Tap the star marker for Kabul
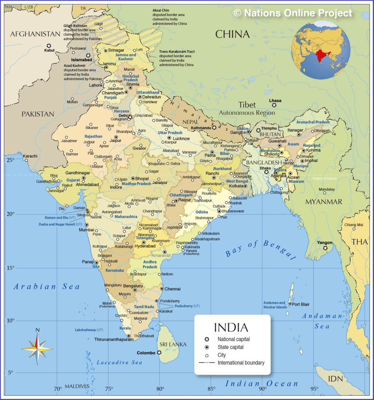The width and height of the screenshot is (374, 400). pyautogui.click(x=49, y=45)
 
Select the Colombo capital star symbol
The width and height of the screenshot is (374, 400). pyautogui.click(x=159, y=353)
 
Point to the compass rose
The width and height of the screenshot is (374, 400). pyautogui.click(x=37, y=347)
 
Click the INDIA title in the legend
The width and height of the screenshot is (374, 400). pyautogui.click(x=231, y=327)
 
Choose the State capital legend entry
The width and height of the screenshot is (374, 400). pyautogui.click(x=230, y=347)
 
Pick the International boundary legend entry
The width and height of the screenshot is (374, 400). pyautogui.click(x=240, y=362)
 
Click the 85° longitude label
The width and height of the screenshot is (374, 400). pyautogui.click(x=211, y=388)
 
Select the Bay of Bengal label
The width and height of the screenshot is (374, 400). pyautogui.click(x=260, y=250)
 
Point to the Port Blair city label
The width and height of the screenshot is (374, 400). pyautogui.click(x=301, y=304)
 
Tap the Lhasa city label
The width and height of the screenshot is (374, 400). pyautogui.click(x=275, y=100)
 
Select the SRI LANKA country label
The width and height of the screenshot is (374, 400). pyautogui.click(x=172, y=344)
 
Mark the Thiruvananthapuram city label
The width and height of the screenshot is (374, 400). pyautogui.click(x=114, y=339)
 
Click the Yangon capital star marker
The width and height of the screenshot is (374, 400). pyautogui.click(x=325, y=248)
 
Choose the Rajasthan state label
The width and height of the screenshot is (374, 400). pyautogui.click(x=93, y=136)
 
